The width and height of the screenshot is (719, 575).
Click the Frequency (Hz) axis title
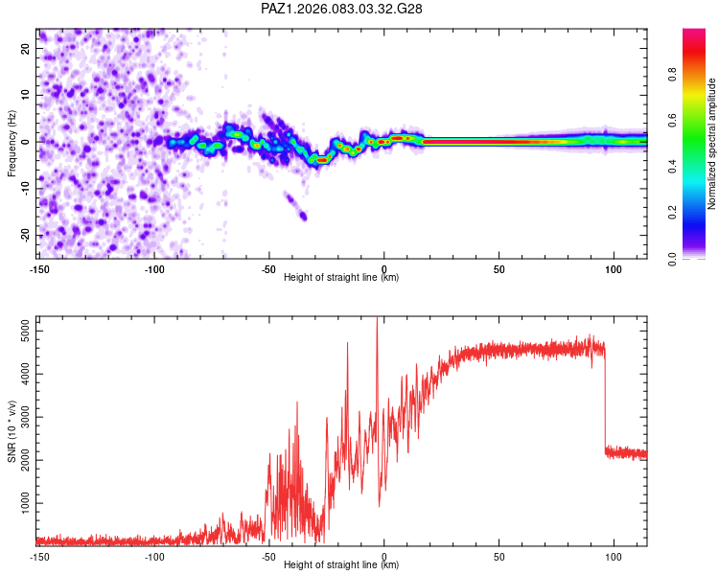click(12, 142)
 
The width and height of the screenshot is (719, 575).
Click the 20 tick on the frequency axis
click(26, 48)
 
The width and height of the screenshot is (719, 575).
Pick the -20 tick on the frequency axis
click(24, 235)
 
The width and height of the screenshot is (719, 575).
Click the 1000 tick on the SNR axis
click(20, 503)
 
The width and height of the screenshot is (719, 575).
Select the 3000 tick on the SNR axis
click(20, 417)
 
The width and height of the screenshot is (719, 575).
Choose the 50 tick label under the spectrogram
click(499, 269)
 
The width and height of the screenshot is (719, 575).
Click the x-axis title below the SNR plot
click(342, 565)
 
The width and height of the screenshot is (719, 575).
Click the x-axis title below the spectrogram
click(342, 278)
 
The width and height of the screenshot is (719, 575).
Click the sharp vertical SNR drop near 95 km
click(605, 402)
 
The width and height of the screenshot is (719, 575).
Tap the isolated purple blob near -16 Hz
click(303, 216)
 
